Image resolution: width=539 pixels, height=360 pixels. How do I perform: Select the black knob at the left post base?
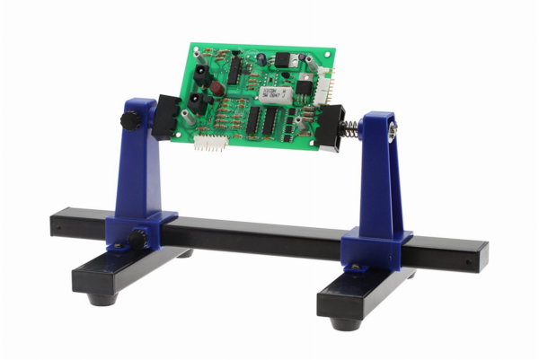coord(137,240)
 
